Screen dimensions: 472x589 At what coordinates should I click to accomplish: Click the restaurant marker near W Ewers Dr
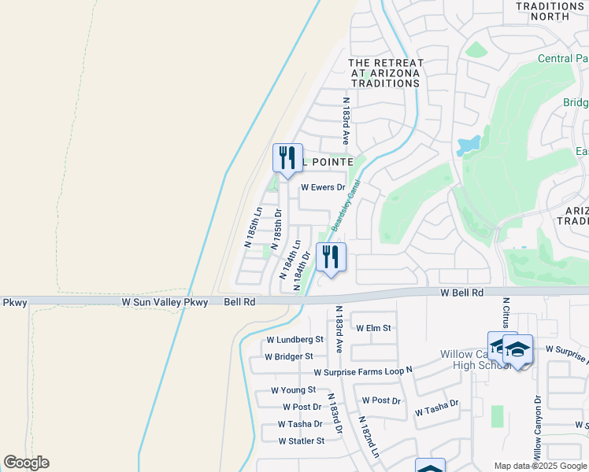point(287,157)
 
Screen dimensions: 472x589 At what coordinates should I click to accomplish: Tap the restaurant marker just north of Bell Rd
point(331,256)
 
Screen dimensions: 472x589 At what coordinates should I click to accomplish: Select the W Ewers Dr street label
point(324,187)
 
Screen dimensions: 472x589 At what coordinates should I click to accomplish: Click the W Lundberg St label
point(294,340)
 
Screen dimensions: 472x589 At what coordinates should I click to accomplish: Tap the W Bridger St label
point(289,356)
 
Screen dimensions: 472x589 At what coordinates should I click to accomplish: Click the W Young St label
point(293,389)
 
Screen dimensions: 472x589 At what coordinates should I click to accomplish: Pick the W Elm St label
point(373,327)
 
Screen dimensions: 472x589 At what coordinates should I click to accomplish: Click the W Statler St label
point(301,441)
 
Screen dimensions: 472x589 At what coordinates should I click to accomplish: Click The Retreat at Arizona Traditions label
point(386,72)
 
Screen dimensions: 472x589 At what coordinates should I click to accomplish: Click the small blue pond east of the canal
point(469,145)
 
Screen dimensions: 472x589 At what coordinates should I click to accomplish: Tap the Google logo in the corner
point(26,463)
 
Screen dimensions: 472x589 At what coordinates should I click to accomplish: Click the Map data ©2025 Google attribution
point(539,466)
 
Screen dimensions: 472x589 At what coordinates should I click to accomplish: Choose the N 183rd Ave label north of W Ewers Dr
point(345,120)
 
